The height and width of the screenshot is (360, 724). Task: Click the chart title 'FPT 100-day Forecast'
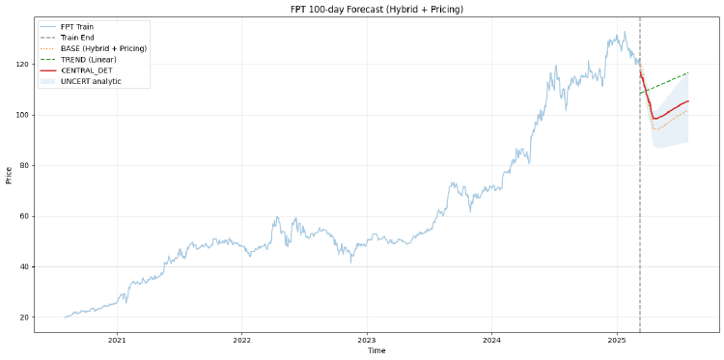[x=376, y=9]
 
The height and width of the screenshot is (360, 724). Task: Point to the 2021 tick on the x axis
[x=117, y=341]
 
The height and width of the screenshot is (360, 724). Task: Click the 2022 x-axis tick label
[x=241, y=341]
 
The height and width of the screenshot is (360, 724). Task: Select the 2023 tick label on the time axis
[x=367, y=341]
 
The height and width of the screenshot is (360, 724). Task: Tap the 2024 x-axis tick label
[x=491, y=341]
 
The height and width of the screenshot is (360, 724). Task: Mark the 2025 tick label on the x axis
[x=617, y=341]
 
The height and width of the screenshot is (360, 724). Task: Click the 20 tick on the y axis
[x=24, y=318]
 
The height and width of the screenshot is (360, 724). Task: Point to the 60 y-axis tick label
[x=24, y=216]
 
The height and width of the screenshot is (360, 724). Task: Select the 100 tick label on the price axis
[x=22, y=115]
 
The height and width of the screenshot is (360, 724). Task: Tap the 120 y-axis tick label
[x=22, y=65]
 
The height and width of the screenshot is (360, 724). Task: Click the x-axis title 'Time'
[x=376, y=351]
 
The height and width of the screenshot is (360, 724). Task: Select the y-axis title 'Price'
[x=9, y=175]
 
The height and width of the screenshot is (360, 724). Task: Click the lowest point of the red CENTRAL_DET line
[x=654, y=119]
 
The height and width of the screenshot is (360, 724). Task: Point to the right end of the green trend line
[x=688, y=72]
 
